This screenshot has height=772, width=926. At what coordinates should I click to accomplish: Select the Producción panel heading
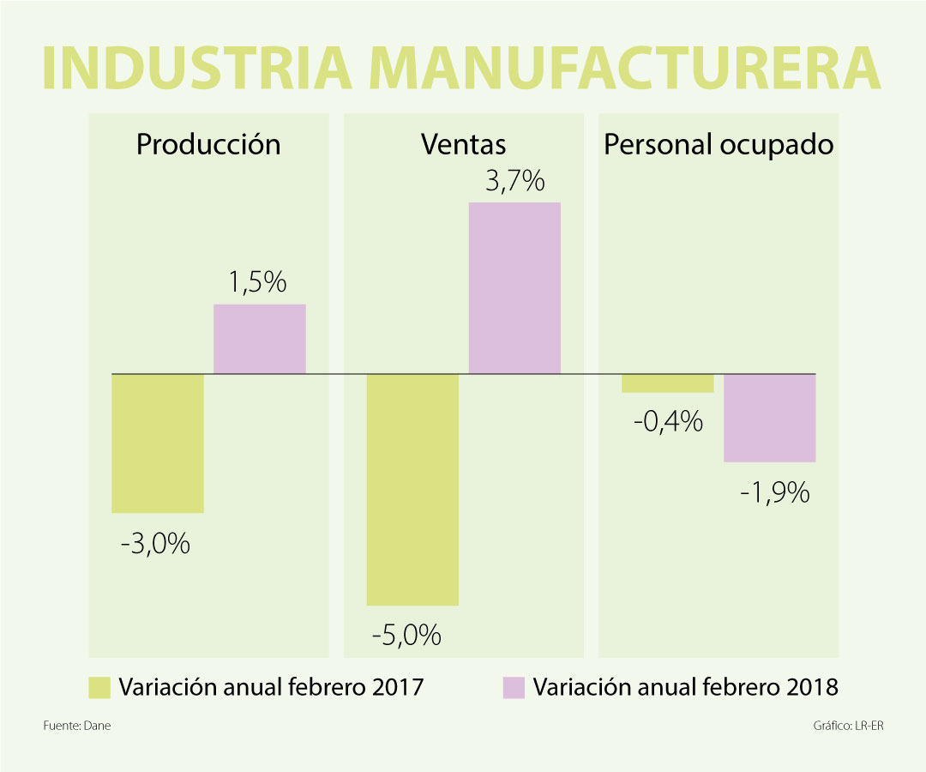[x=208, y=144]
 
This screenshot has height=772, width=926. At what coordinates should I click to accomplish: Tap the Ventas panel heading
[x=463, y=144]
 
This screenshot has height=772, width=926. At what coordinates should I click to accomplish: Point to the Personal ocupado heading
[x=719, y=144]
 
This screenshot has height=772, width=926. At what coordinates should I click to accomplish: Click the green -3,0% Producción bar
[x=158, y=443]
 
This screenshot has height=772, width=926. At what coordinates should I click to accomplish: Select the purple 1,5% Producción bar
[x=260, y=339]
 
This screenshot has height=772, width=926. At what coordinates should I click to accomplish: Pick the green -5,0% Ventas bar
[x=412, y=489]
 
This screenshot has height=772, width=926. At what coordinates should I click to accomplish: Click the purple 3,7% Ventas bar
[x=514, y=287]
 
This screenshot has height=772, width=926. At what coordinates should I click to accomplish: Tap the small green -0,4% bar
[x=668, y=383]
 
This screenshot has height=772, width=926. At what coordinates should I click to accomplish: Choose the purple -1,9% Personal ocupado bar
[x=769, y=418]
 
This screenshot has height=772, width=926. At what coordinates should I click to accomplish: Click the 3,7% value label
[x=514, y=181]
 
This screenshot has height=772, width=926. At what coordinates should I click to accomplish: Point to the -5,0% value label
[x=406, y=636]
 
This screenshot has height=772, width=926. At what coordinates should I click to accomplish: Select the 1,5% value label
[x=257, y=283]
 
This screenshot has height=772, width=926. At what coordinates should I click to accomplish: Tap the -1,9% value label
[x=774, y=492]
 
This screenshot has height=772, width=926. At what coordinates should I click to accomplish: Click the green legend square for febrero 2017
[x=100, y=687]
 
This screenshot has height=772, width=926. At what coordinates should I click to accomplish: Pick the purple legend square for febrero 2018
[x=514, y=687]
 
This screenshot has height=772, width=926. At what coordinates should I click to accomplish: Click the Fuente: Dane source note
[x=77, y=726]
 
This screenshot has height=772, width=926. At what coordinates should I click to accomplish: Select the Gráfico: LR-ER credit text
[x=848, y=726]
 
